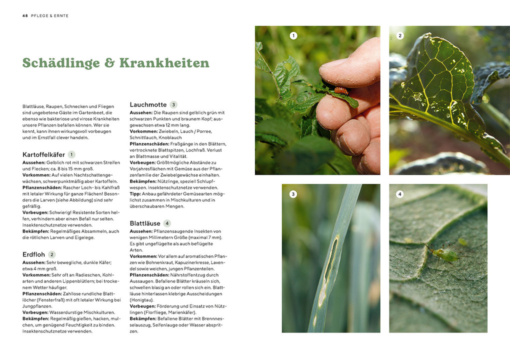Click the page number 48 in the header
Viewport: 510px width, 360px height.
[x=25, y=15]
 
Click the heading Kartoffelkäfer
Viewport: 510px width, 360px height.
[x=43, y=154]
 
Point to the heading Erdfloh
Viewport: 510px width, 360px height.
[x=34, y=254]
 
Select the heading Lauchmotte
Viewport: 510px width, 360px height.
[x=148, y=104]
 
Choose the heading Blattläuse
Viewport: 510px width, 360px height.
[x=145, y=223]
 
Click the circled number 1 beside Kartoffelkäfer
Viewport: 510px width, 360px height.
[x=71, y=154]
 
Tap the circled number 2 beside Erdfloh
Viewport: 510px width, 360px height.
[x=52, y=254]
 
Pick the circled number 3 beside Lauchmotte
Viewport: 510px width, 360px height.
[x=173, y=104]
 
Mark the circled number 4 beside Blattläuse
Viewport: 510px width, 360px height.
[x=167, y=223]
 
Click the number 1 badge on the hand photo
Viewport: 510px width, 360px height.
[x=293, y=35]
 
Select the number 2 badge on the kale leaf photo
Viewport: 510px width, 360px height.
[x=400, y=35]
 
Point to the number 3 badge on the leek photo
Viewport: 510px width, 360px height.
[x=293, y=194]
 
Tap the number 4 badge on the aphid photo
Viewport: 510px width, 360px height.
[x=400, y=194]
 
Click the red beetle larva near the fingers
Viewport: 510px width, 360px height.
[x=341, y=90]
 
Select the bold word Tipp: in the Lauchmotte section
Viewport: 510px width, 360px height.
[x=135, y=193]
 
